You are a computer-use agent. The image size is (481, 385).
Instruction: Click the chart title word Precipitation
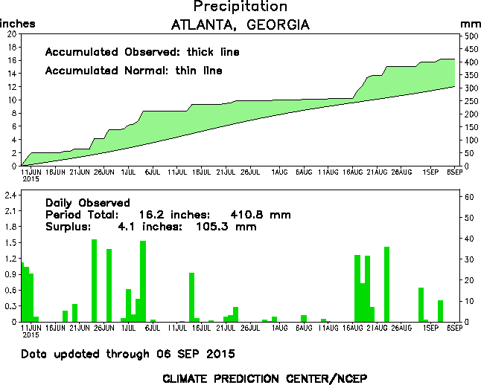pyautogui.click(x=240, y=7)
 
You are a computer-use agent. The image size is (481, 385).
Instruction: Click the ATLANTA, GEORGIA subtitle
pyautogui.click(x=240, y=25)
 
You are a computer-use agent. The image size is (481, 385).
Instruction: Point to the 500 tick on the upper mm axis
pyautogui.click(x=470, y=35)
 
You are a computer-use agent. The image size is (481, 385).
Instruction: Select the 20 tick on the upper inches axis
pyautogui.click(x=10, y=34)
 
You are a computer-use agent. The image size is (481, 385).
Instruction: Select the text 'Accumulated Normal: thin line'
pyautogui.click(x=133, y=71)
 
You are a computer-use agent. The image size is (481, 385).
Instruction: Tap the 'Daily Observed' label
pyautogui.click(x=88, y=203)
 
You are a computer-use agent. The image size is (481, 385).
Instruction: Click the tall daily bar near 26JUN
pyautogui.click(x=95, y=280)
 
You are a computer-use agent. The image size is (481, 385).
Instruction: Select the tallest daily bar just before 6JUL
pyautogui.click(x=143, y=281)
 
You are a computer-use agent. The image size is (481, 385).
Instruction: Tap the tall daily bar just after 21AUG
pyautogui.click(x=387, y=284)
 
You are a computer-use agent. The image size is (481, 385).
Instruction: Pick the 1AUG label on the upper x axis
pyautogui.click(x=279, y=172)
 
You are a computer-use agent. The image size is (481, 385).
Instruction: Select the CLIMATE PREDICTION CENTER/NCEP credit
pyautogui.click(x=264, y=378)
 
